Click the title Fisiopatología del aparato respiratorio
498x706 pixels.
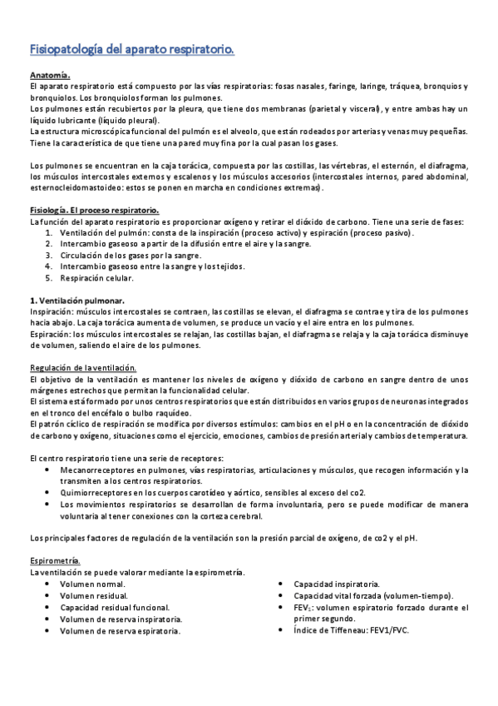tap(131, 50)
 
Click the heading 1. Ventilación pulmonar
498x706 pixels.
tap(76, 300)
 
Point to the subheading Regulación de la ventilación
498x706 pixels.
tap(83, 368)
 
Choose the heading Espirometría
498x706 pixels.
tap(55, 560)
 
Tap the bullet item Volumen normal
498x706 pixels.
tap(92, 584)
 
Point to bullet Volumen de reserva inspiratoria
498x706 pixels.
tap(121, 619)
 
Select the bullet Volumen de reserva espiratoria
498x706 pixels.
tap(120, 631)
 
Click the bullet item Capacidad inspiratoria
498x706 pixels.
tap(338, 584)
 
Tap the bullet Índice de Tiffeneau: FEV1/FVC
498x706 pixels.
tap(351, 631)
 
